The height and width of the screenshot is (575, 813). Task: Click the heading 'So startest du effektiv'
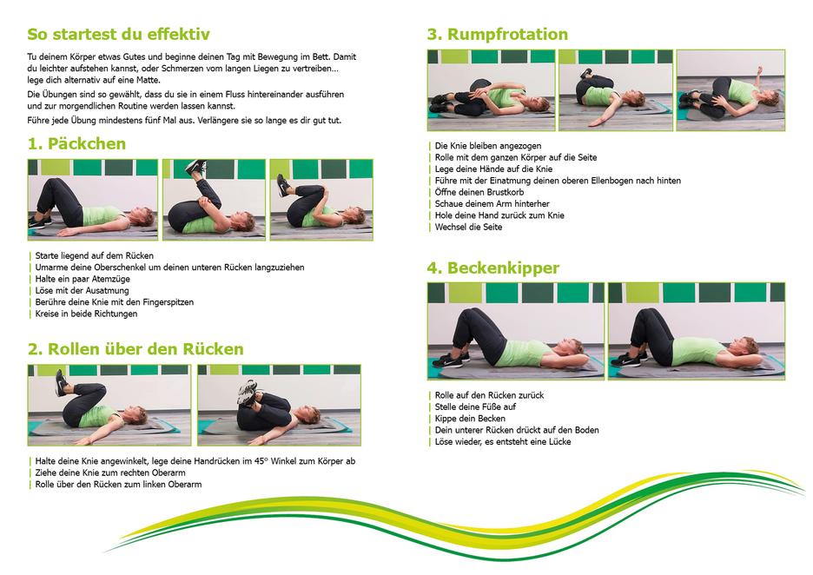(118, 34)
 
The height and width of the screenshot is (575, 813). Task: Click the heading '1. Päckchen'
(76, 143)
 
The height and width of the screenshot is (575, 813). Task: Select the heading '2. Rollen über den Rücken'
(135, 349)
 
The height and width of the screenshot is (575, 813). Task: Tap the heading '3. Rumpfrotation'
(497, 34)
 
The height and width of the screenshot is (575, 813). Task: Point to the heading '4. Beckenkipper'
(493, 268)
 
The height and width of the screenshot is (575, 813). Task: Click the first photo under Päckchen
(93, 200)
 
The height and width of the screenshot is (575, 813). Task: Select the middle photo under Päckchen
(215, 200)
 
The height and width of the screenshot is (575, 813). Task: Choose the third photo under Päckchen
(321, 200)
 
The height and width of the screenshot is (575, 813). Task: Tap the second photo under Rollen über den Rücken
(279, 405)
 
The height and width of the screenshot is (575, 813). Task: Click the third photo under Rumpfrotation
(731, 90)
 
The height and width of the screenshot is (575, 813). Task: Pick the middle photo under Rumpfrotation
(616, 90)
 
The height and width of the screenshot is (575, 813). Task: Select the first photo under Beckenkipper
(516, 331)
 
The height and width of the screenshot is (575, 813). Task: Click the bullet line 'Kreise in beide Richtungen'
(86, 314)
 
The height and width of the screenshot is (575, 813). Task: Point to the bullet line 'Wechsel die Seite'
(468, 227)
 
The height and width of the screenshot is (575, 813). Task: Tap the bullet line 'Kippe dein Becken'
(470, 419)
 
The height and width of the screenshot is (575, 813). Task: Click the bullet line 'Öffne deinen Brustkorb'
(479, 192)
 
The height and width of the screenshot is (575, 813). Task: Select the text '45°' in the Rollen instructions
(261, 461)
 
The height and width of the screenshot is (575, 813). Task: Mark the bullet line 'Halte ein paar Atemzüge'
(83, 279)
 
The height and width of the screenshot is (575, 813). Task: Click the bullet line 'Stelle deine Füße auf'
(475, 407)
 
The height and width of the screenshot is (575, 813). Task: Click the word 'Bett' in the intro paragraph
(321, 57)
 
